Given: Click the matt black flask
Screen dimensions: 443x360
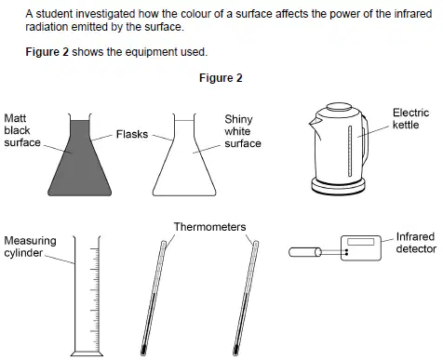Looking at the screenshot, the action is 79,161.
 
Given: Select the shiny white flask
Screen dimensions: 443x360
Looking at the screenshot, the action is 184,161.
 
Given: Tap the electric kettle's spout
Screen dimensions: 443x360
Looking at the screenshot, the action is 314,124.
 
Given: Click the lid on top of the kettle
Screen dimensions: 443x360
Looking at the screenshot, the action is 339,107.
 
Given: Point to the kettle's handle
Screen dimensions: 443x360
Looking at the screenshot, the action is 366,140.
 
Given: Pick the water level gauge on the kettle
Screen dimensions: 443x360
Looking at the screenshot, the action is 350,151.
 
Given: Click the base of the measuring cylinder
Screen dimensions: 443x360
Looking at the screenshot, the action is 87,353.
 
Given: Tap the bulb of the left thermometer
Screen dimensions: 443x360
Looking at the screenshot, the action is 143,351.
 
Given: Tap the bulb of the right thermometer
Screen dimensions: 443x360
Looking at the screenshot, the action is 235,351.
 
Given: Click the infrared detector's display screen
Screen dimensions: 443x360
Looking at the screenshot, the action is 361,242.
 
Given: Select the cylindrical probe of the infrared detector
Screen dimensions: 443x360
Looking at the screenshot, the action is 305,252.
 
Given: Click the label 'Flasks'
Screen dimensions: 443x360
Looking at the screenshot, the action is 132,134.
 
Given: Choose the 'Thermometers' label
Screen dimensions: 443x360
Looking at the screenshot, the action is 209,227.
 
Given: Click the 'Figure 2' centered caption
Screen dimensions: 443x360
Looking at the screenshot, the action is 221,78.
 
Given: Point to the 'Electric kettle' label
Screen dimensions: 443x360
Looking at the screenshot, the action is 410,118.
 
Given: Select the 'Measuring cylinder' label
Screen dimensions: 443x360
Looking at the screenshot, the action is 30,247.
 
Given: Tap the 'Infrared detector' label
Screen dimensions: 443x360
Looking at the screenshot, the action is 416,243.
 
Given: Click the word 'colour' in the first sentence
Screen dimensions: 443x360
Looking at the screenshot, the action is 194,14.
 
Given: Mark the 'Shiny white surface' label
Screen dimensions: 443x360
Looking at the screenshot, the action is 243,131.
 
